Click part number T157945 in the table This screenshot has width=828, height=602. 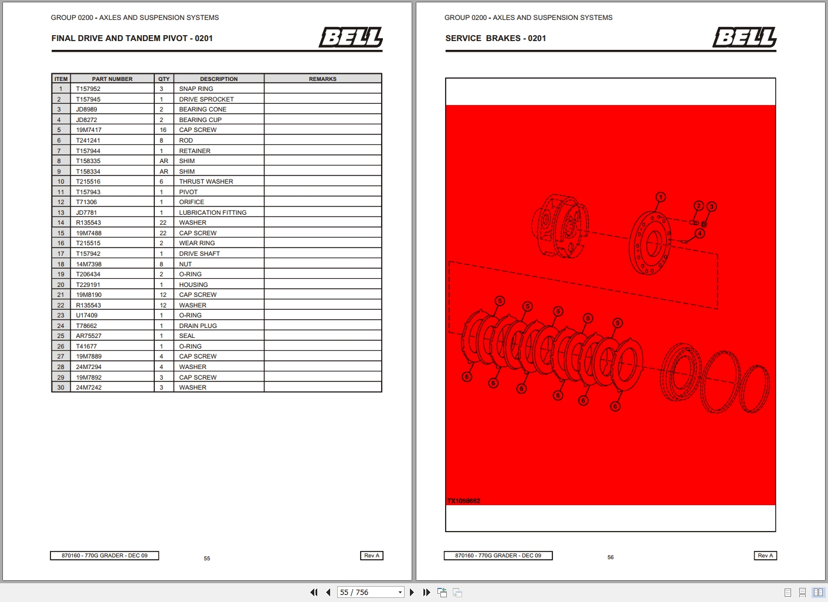tap(88, 99)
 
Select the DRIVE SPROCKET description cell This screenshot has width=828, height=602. tap(206, 99)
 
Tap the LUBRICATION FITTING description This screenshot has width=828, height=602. tap(213, 212)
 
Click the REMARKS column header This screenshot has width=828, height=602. tap(323, 79)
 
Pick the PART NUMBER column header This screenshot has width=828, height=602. tap(112, 79)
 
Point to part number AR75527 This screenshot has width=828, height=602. tap(89, 336)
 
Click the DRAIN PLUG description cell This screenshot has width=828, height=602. tap(198, 326)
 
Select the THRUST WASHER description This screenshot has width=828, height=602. tap(206, 181)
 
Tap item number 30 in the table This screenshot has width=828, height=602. tap(60, 387)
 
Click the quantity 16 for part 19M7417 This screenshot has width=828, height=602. tap(163, 130)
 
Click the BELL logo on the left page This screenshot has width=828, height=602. tap(351, 38)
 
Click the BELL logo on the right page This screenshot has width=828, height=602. tap(745, 38)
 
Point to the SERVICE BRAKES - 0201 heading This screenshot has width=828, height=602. tap(496, 38)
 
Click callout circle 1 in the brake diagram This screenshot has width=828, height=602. tap(660, 197)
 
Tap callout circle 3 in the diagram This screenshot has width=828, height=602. tap(711, 207)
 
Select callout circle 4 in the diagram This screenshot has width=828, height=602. tap(700, 234)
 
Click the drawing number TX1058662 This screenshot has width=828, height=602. tap(464, 501)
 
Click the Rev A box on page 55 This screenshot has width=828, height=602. tap(372, 556)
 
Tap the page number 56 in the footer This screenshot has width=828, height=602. tap(610, 557)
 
